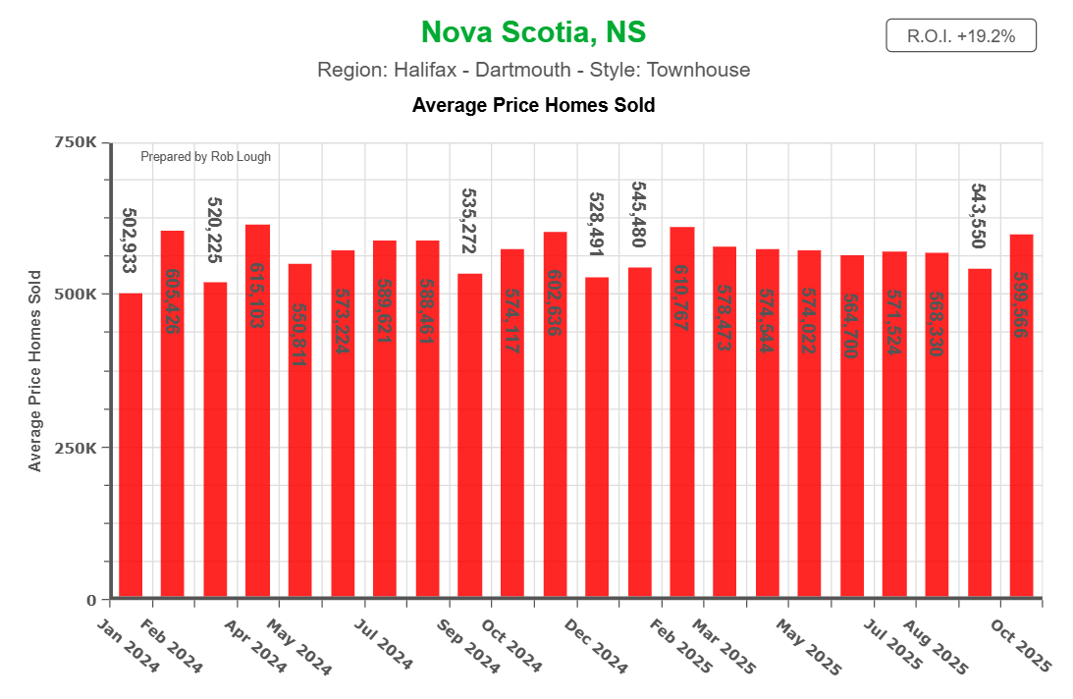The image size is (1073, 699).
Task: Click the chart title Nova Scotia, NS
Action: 533,32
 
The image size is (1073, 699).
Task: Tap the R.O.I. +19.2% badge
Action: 960,36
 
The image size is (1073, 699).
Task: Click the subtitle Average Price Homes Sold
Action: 533,104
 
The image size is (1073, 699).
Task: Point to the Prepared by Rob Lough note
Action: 205,156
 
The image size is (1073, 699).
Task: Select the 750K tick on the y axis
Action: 76,142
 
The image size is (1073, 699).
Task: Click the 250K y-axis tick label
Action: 76,448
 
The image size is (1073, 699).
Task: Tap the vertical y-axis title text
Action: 35,371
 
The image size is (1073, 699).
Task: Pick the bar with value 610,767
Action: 681,412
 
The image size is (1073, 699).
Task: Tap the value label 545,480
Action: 638,214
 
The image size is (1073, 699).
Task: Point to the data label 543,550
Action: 978,215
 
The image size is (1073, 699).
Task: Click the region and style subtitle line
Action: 533,70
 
